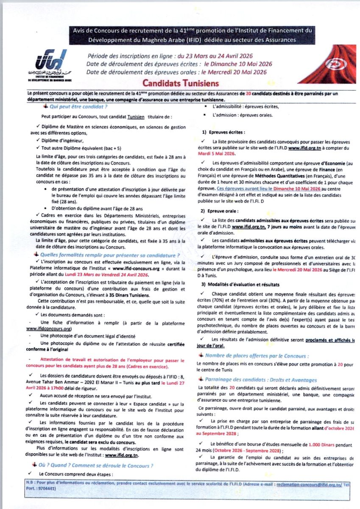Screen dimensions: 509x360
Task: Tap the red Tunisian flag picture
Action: (327, 64)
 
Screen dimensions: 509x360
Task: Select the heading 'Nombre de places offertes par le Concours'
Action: (257, 355)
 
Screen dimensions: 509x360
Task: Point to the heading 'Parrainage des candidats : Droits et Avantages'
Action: (261, 380)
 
